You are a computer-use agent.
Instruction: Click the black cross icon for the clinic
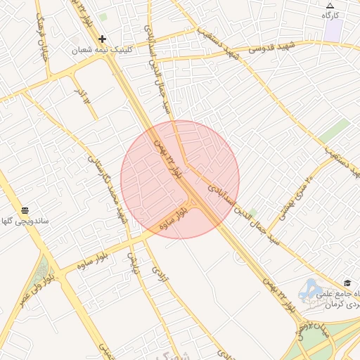point(103,39)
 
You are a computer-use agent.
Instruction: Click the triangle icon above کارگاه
point(330,6)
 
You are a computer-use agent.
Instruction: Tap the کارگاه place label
point(330,15)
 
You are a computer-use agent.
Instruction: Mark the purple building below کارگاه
point(333,30)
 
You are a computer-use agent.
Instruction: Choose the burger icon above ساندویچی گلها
point(25,210)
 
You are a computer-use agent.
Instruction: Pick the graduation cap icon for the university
point(347,283)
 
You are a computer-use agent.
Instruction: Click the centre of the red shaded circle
point(180,179)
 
